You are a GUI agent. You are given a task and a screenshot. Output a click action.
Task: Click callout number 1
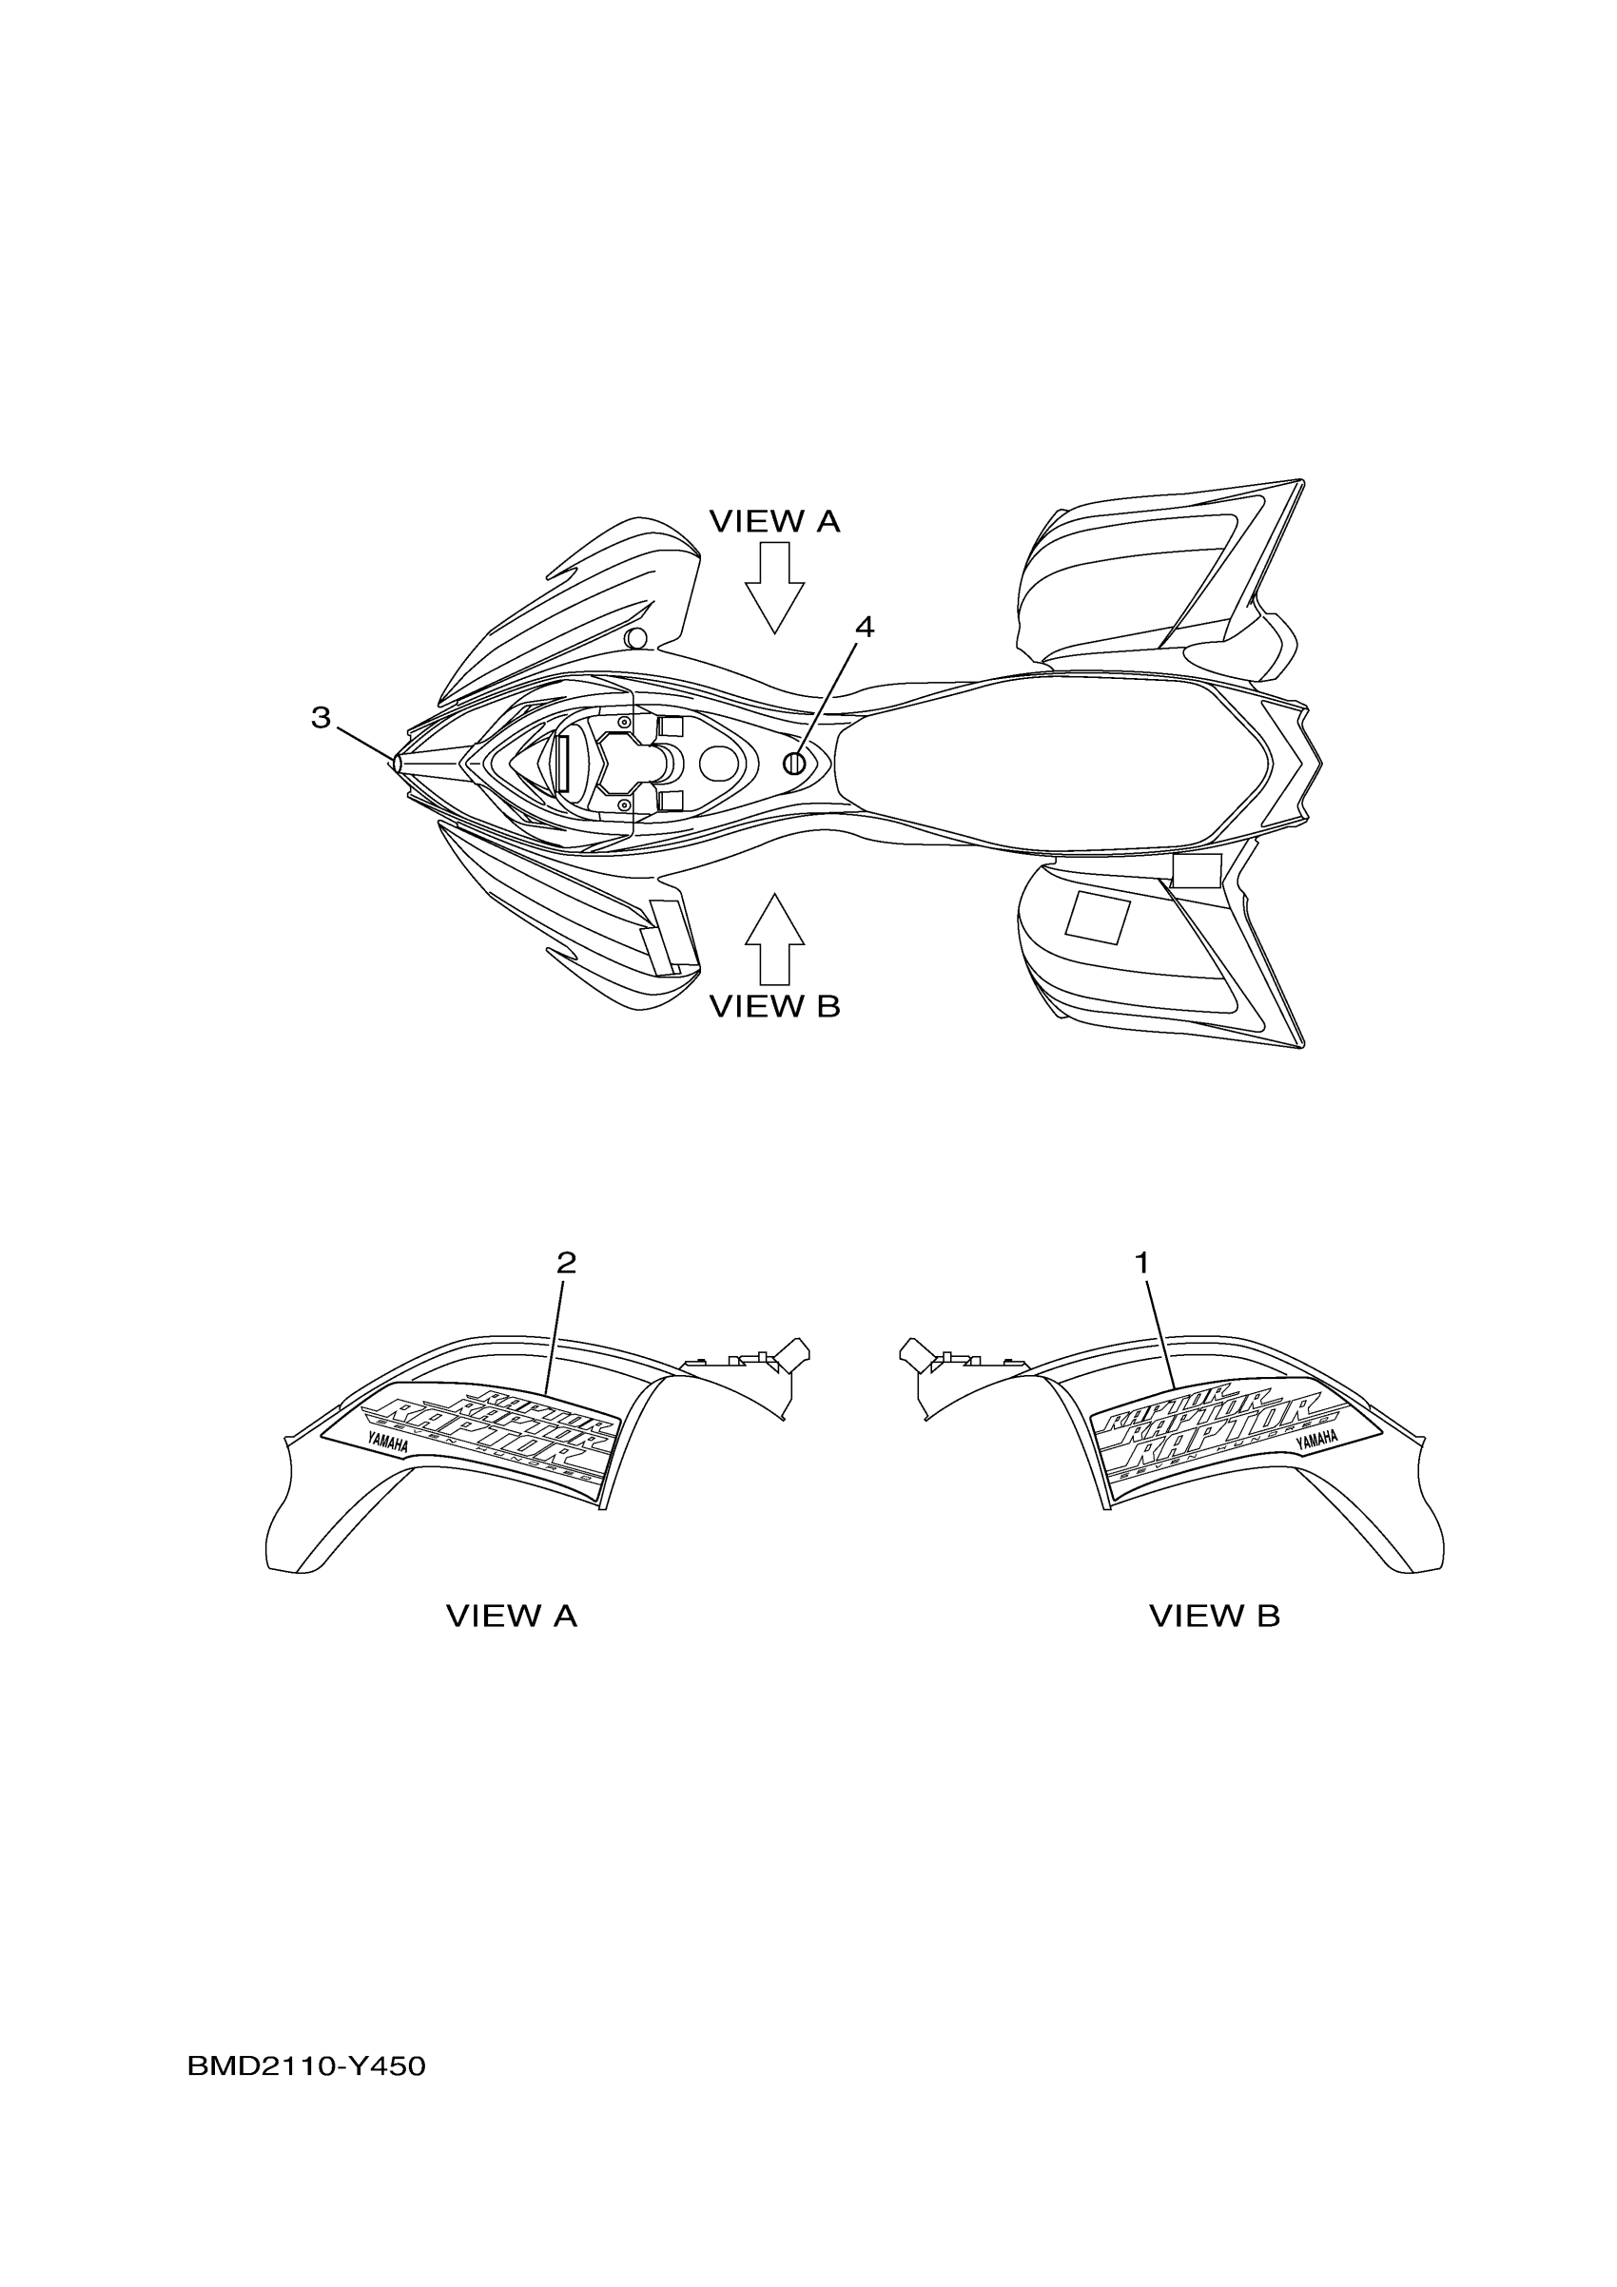point(1141,1263)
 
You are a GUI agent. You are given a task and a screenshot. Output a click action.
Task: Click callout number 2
point(566,1263)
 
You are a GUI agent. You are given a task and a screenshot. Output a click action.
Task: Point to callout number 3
point(320,717)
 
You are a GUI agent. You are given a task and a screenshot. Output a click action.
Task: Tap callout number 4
point(864,627)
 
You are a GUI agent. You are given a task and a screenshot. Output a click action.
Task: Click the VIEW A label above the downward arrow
point(774,521)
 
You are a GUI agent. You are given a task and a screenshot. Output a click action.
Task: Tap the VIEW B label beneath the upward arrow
point(774,1007)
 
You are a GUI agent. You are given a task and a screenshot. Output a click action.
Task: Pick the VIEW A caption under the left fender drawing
point(511,1616)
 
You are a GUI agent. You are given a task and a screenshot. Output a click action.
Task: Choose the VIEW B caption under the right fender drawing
point(1214,1616)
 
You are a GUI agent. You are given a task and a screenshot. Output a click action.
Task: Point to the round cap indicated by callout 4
point(794,764)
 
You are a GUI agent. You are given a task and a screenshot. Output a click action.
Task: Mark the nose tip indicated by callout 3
point(397,764)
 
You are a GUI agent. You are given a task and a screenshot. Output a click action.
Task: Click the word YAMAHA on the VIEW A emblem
point(387,1444)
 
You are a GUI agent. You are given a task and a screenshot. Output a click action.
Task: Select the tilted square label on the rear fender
point(1097,917)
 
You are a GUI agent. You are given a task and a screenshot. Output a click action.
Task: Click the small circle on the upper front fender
point(635,637)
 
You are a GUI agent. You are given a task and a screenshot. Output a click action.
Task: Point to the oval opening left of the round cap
point(720,764)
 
